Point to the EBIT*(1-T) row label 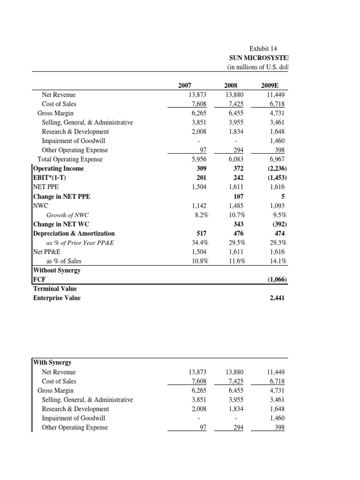(x=52, y=178)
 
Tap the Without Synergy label (x=57, y=270)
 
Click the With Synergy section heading (x=52, y=362)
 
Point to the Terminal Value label (x=55, y=288)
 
